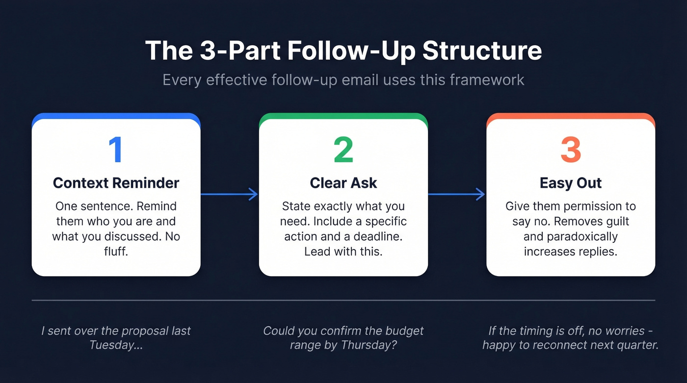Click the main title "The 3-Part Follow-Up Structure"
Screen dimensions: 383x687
343,51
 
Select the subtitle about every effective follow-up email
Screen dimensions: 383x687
343,79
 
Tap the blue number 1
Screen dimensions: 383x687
116,150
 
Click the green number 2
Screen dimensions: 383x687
343,150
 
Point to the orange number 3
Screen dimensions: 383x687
570,150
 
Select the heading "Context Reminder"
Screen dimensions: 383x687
116,183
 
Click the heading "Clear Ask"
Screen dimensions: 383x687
343,183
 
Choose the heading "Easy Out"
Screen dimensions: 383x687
570,183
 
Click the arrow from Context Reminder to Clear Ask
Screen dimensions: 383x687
229,195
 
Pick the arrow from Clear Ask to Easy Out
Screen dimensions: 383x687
456,195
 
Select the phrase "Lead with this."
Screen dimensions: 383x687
343,252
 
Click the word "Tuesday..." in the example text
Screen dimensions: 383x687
116,345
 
